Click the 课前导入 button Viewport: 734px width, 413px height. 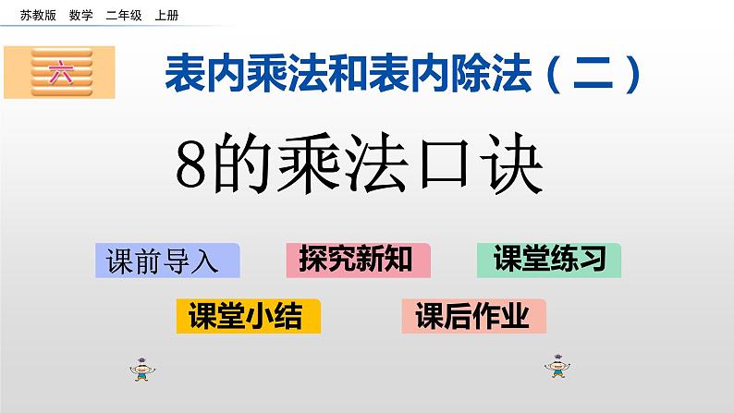[166, 261]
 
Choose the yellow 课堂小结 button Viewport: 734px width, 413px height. [247, 317]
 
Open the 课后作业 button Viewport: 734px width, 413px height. [473, 317]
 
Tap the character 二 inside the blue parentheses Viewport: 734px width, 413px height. [598, 72]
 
